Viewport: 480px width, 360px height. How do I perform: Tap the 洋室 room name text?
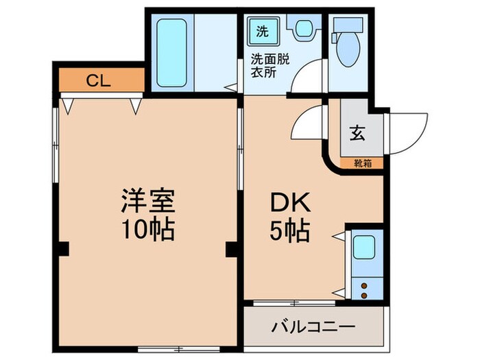click(149, 201)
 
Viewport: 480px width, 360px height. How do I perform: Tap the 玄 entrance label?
click(357, 132)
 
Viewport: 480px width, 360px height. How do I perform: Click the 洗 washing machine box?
click(263, 31)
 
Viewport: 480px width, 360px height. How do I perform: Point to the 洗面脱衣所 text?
click(269, 65)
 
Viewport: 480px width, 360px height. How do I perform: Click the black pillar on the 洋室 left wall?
click(63, 249)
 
